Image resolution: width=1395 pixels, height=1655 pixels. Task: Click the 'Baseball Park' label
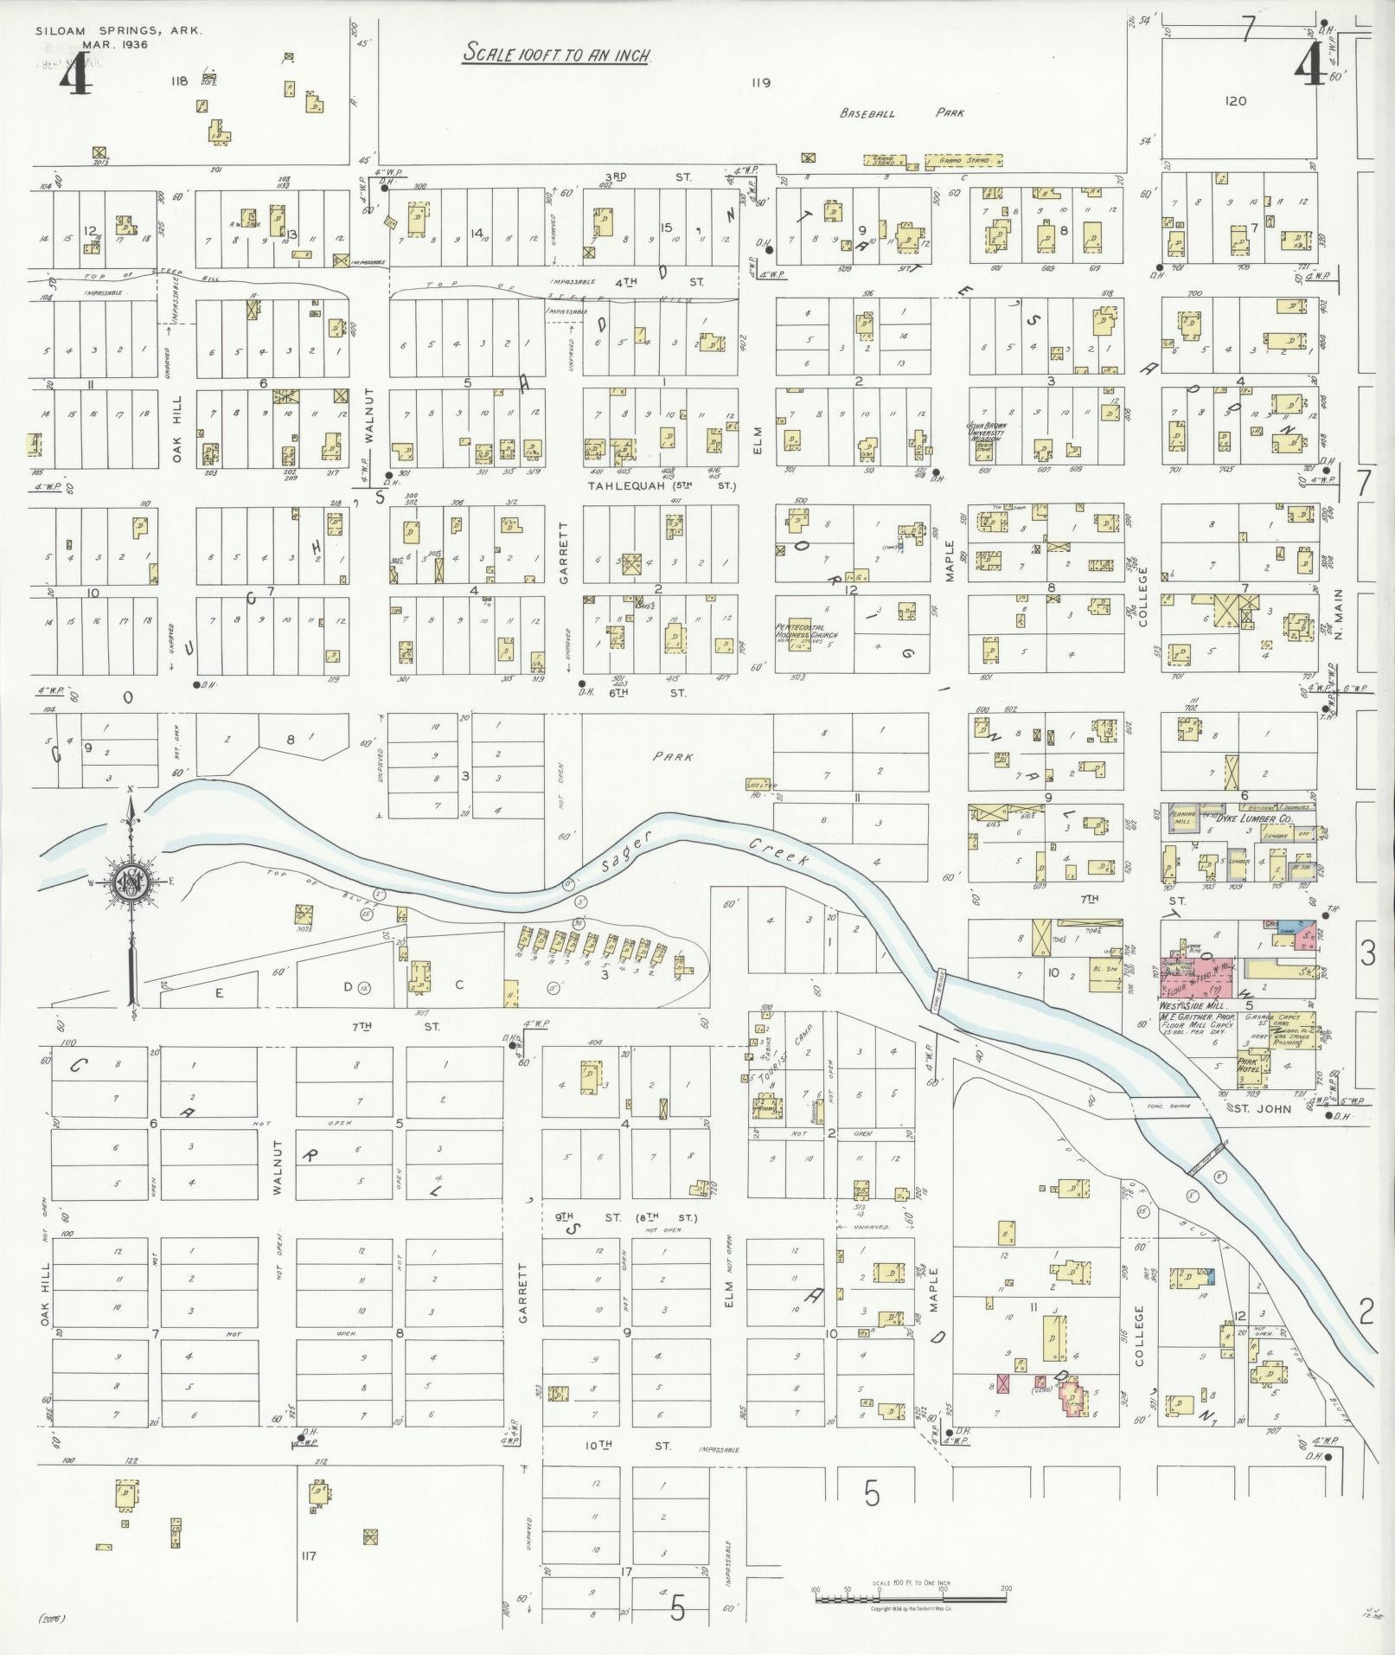[902, 112]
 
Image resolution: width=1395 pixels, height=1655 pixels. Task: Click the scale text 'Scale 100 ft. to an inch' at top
[557, 53]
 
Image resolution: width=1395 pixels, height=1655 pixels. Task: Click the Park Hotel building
[1251, 1066]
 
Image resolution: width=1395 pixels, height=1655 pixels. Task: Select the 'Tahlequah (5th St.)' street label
[662, 486]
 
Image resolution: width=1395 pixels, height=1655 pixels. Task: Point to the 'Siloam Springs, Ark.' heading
[118, 30]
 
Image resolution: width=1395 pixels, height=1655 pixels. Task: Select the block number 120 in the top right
[1236, 101]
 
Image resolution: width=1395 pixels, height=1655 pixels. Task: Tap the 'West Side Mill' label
[1188, 1006]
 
